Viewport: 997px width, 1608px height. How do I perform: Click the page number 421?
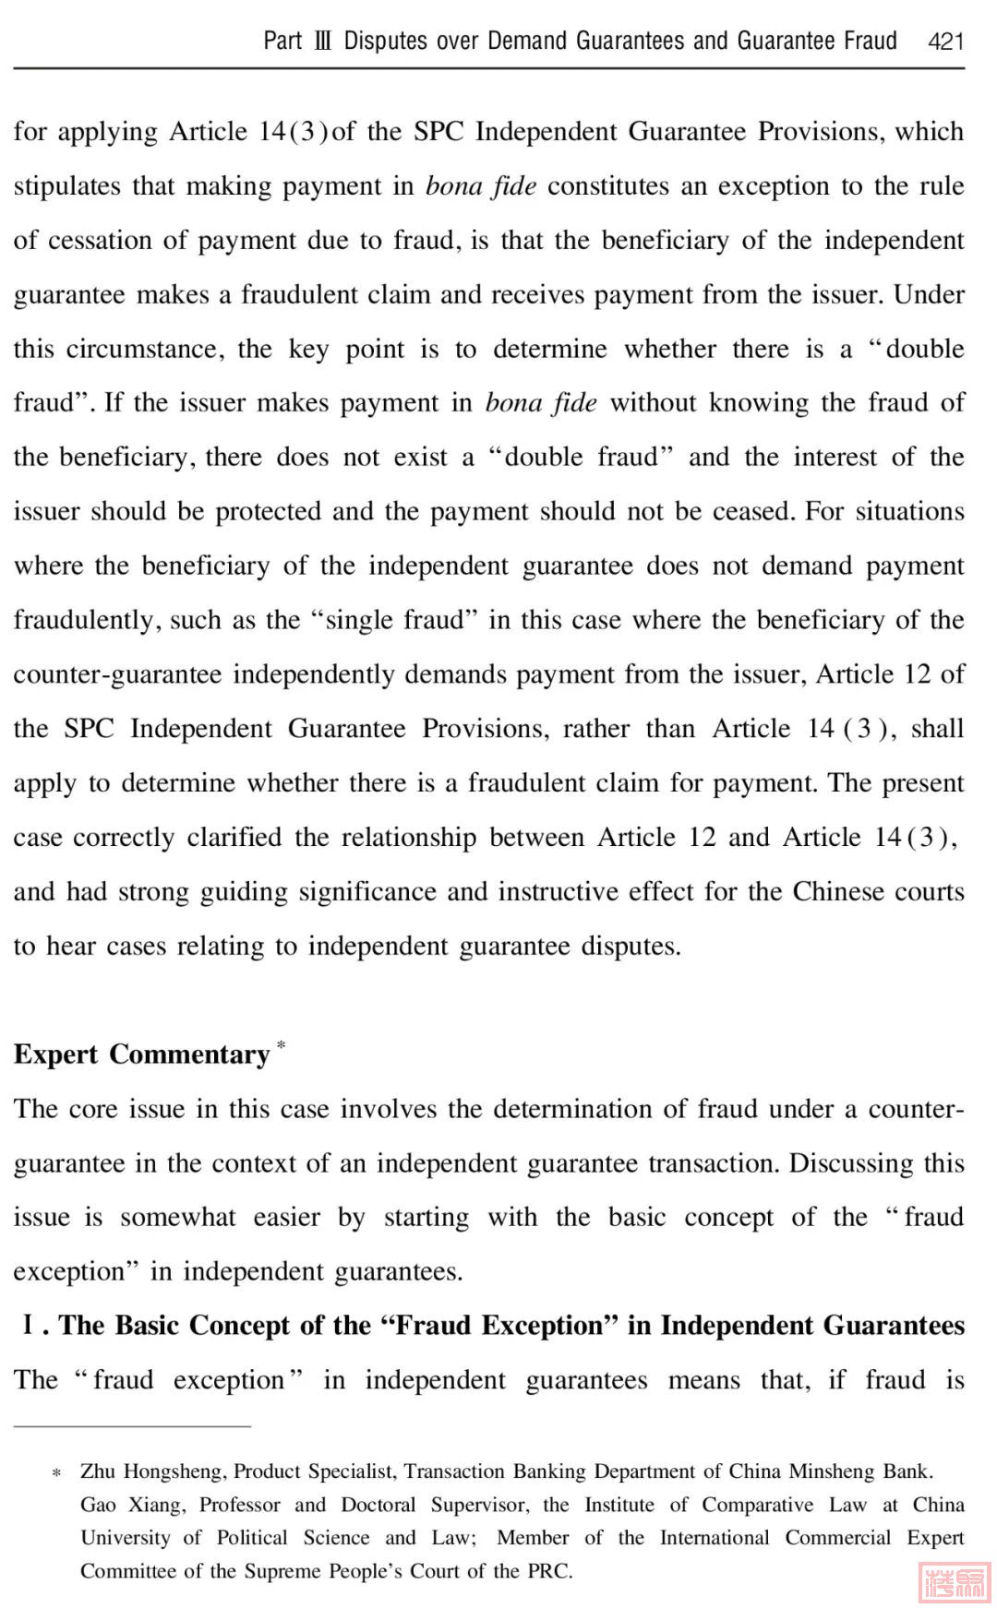click(x=945, y=42)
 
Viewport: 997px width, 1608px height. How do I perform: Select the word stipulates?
click(x=66, y=186)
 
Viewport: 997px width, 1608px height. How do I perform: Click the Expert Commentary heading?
click(x=141, y=1054)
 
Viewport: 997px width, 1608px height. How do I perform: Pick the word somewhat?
click(x=178, y=1218)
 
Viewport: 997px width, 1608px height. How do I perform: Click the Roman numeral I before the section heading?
click(x=29, y=1326)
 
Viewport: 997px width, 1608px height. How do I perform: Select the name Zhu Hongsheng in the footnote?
click(x=151, y=1471)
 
